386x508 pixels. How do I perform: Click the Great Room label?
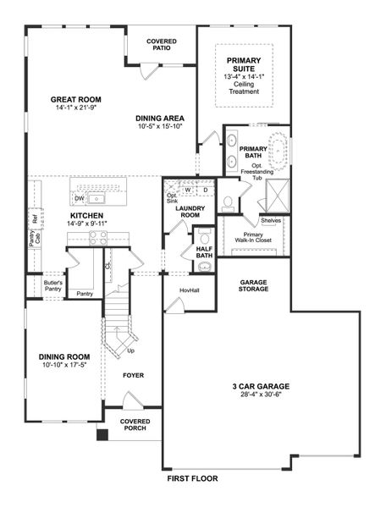(x=75, y=99)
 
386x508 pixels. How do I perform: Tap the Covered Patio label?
(x=161, y=44)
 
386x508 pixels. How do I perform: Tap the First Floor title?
(x=192, y=479)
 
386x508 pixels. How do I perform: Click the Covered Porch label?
(x=135, y=424)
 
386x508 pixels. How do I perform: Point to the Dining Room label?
(x=64, y=356)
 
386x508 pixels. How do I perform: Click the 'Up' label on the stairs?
(x=130, y=350)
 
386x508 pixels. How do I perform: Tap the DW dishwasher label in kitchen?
(x=79, y=200)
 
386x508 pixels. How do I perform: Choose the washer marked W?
(x=188, y=190)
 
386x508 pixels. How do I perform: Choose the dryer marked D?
(x=204, y=190)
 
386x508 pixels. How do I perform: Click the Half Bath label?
(x=204, y=251)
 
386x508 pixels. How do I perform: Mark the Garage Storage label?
(x=254, y=285)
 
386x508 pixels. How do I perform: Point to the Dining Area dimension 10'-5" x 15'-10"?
(x=160, y=128)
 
